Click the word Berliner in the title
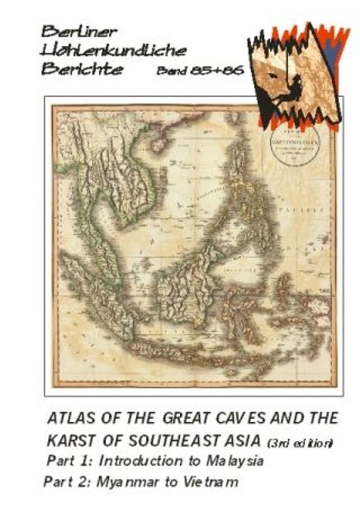(x=70, y=31)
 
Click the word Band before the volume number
(x=172, y=71)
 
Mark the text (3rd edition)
(x=301, y=443)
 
